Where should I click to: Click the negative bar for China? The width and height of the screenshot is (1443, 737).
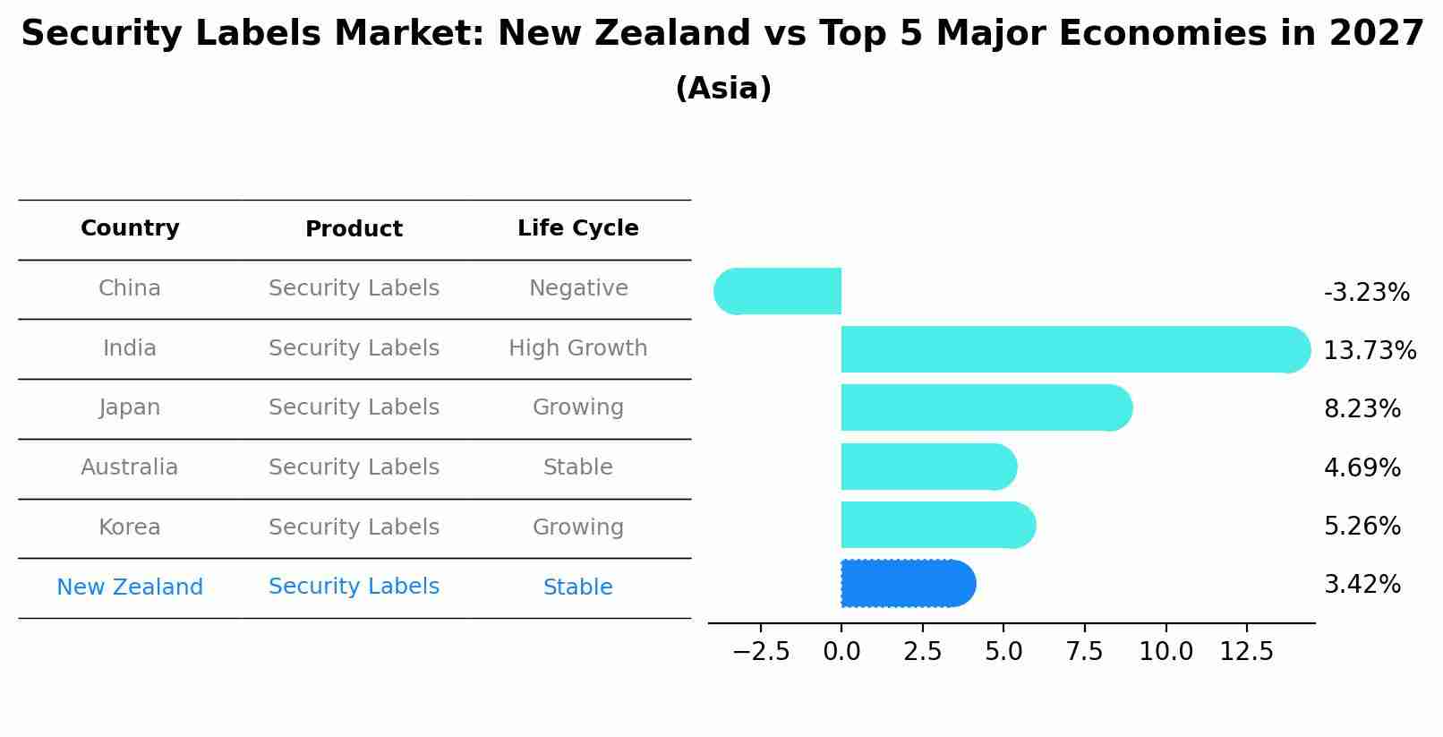[x=779, y=291]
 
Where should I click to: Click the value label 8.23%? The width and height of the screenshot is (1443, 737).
[x=1362, y=409]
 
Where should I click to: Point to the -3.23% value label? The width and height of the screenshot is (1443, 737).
[x=1366, y=293]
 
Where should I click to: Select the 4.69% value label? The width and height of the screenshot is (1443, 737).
[x=1362, y=467]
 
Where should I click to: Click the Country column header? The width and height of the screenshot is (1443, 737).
[x=130, y=228]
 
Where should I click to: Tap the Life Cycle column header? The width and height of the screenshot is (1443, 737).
[x=577, y=228]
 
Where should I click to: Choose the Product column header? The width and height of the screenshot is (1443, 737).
[x=354, y=229]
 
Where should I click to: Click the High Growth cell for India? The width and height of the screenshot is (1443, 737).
[x=577, y=348]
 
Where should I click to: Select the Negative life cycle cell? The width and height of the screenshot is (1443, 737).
[x=577, y=288]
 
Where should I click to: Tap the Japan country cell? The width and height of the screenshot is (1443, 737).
[x=130, y=407]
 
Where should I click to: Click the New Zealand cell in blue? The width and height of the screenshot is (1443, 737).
[x=130, y=587]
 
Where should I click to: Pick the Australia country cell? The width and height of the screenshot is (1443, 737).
[x=130, y=467]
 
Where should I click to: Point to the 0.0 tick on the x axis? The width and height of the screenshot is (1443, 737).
[x=841, y=652]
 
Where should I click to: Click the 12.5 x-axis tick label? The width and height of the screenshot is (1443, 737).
[x=1246, y=652]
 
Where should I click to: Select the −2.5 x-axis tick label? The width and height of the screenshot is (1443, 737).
[x=761, y=652]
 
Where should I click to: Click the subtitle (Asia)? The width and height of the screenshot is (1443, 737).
[x=723, y=89]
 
